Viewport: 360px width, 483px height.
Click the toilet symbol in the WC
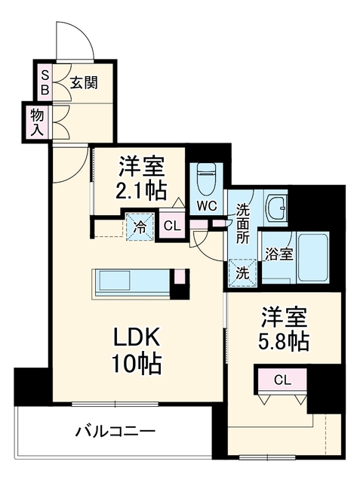[x=206, y=180]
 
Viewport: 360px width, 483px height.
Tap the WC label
[x=207, y=206]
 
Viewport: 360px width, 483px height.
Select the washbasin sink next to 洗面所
[x=276, y=207]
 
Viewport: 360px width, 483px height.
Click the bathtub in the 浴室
[x=312, y=258]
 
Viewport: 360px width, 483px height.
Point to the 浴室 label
[x=279, y=255]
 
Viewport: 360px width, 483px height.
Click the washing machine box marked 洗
[x=243, y=273]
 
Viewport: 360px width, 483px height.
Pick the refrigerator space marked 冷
[x=140, y=226]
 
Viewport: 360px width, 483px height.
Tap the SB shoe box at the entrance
[x=45, y=82]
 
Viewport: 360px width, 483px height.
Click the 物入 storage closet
[x=37, y=122]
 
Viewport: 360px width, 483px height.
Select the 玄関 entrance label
[x=84, y=82]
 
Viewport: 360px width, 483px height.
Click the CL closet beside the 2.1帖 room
[x=172, y=226]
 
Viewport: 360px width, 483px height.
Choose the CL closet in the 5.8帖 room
[x=282, y=380]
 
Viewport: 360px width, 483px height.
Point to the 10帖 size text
[x=137, y=364]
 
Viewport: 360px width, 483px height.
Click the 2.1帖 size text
[x=141, y=191]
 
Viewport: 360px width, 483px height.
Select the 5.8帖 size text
[x=283, y=341]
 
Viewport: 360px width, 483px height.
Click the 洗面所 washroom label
[x=243, y=224]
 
